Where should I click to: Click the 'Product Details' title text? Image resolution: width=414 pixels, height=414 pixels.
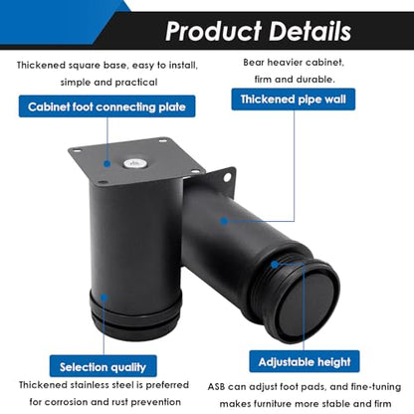click(258, 31)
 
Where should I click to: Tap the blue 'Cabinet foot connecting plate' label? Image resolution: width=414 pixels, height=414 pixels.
click(106, 106)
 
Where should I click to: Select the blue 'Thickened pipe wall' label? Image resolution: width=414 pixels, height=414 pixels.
click(294, 100)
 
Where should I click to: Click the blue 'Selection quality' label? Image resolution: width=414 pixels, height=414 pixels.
click(103, 366)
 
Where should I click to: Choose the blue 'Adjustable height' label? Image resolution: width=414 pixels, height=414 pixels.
click(305, 361)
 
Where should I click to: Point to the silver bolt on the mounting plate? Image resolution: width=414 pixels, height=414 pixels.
click(135, 163)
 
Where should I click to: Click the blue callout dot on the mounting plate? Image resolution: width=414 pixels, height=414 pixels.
click(106, 163)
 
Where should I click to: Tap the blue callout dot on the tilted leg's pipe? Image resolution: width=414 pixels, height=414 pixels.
click(224, 221)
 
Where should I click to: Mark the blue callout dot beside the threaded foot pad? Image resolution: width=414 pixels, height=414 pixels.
click(275, 265)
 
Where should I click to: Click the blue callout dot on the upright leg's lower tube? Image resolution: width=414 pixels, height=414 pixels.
click(103, 297)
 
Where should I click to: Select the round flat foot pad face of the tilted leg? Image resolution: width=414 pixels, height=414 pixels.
click(308, 305)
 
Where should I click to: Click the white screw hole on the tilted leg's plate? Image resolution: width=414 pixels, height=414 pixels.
click(227, 177)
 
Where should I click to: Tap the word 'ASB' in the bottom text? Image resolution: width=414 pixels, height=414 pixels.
click(216, 387)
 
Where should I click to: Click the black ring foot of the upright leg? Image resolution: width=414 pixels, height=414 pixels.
click(135, 311)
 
